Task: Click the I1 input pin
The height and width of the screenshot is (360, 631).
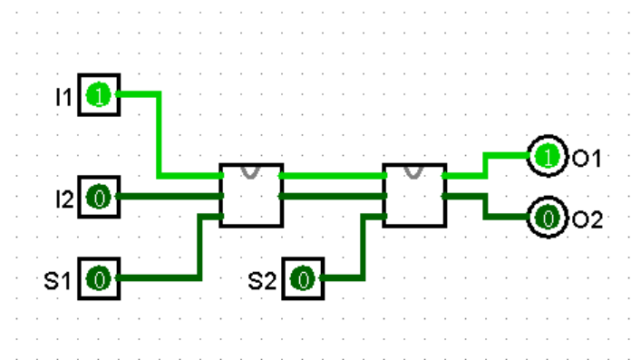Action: (x=98, y=94)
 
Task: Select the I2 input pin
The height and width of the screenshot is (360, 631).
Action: (x=98, y=196)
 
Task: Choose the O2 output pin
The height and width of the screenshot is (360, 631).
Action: (x=547, y=218)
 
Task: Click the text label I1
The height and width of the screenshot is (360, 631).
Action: (x=63, y=95)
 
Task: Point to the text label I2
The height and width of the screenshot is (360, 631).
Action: (x=63, y=197)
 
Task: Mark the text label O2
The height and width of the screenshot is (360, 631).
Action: (x=587, y=219)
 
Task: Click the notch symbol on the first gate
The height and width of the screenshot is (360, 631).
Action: (x=251, y=171)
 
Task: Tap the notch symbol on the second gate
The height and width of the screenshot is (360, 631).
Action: (x=414, y=171)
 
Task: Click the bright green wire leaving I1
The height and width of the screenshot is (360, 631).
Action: (x=160, y=136)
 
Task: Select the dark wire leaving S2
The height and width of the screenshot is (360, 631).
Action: (x=362, y=249)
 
